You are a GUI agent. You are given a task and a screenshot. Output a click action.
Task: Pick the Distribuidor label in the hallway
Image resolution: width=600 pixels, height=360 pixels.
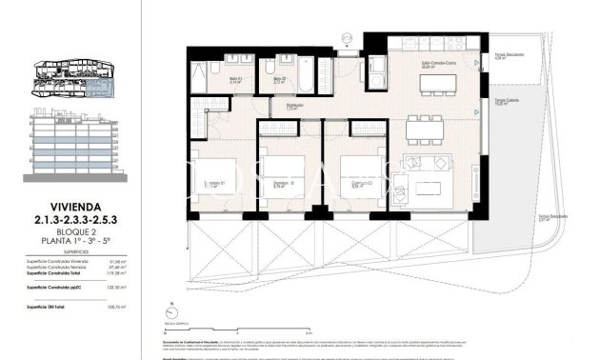pos(295,106)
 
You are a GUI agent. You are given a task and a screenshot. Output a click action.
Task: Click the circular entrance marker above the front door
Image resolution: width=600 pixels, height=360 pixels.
pos(348,39)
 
